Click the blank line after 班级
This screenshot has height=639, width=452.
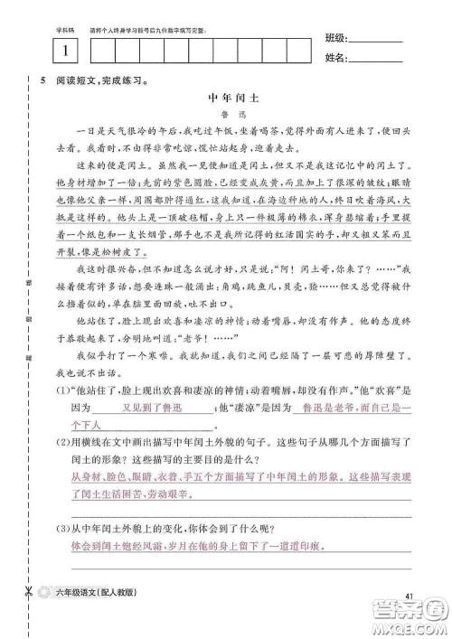[374, 42]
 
